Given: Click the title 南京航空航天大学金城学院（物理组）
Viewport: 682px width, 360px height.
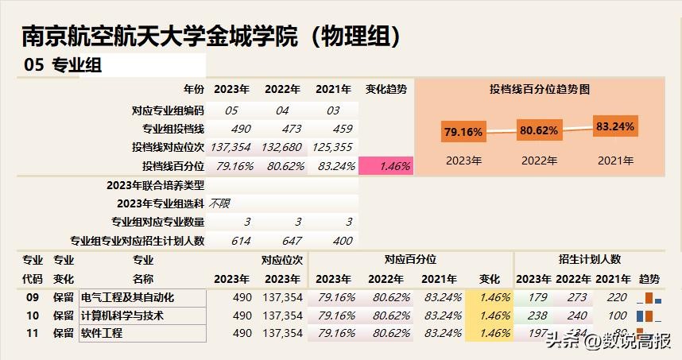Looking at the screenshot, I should pos(211,36).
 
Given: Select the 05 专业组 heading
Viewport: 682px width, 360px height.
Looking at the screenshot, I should pos(64,66).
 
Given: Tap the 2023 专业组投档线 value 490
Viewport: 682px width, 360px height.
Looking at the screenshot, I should pos(240,129).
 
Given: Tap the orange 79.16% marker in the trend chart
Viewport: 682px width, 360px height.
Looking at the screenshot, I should pos(463,132).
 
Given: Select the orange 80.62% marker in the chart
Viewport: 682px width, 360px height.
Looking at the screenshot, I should pos(539,130).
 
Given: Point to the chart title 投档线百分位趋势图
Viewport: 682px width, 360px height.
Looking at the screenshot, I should pos(540,90).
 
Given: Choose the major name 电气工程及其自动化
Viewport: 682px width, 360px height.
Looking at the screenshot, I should pos(127,297).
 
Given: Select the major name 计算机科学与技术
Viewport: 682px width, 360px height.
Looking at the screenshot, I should pos(122,315).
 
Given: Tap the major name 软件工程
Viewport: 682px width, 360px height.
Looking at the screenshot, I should pos(102,334).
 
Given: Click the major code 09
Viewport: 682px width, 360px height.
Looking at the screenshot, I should pos(33,297).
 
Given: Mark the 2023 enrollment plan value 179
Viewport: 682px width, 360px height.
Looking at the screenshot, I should pos(538,297).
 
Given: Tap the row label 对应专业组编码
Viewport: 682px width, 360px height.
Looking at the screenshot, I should pos(168,110).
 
